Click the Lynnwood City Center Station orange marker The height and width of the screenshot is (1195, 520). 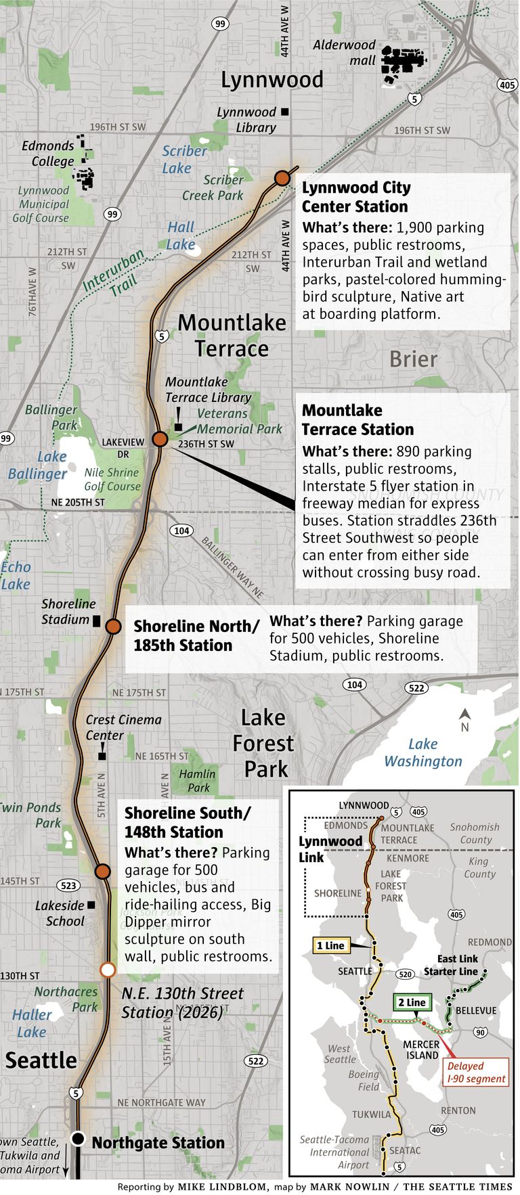(282, 179)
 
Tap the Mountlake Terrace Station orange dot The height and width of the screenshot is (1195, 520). (160, 439)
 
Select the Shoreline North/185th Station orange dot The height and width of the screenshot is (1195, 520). (113, 627)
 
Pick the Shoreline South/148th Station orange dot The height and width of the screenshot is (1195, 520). (102, 871)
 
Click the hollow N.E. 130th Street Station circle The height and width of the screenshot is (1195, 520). (107, 970)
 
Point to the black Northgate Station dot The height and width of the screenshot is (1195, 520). (79, 1139)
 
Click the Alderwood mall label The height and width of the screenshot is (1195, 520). (344, 53)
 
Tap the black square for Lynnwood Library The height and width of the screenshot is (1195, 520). (285, 112)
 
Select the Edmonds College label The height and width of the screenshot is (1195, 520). (48, 154)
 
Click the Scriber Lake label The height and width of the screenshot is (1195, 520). (184, 160)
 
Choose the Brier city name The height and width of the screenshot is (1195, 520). (413, 359)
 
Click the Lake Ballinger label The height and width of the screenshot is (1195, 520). (38, 465)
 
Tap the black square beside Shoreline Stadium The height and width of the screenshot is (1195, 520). (96, 620)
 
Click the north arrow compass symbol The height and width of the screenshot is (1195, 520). (464, 719)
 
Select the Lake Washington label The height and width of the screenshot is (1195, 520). (423, 752)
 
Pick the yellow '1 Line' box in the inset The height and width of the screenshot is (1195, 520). (330, 945)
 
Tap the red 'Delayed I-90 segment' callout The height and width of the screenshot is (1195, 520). (477, 1073)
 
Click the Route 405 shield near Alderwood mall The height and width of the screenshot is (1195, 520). (507, 85)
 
